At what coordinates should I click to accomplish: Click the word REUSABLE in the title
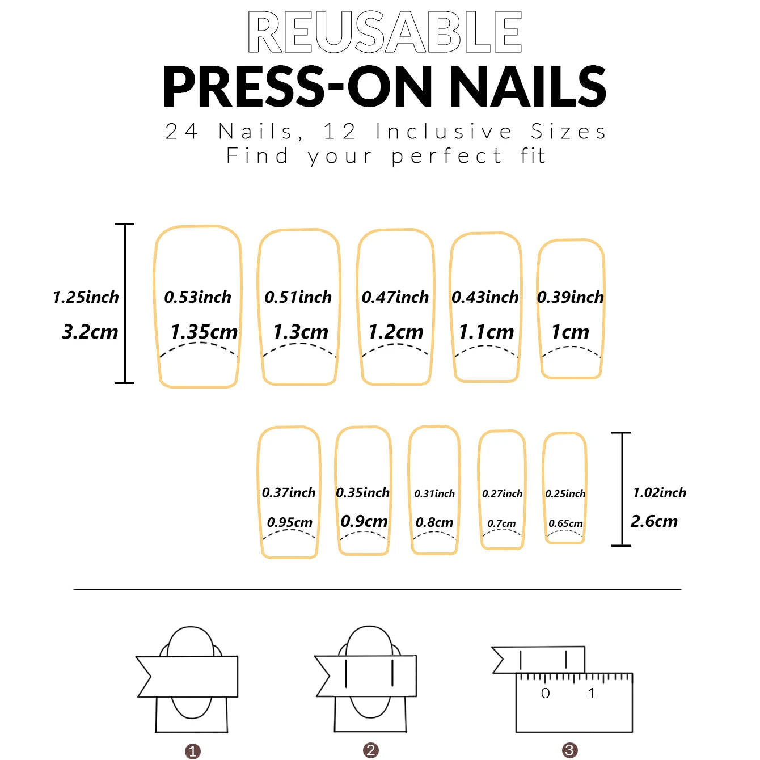385,32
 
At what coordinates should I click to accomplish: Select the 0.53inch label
198,297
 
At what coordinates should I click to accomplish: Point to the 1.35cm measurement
204,332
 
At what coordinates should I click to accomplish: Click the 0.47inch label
395,297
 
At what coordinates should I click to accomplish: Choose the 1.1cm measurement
486,332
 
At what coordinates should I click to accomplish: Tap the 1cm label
570,332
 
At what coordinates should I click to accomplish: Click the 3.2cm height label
90,332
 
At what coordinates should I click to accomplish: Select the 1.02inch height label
660,492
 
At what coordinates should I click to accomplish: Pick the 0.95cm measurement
290,522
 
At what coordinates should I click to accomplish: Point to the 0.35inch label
363,492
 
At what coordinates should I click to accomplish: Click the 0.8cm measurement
434,522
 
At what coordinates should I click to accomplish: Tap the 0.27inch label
503,494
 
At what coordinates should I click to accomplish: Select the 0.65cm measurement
565,523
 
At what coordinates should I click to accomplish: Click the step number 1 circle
193,751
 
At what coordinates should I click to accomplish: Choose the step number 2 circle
371,750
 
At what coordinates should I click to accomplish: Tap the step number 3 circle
570,750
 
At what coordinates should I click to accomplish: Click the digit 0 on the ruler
546,693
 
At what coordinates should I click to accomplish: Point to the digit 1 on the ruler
592,693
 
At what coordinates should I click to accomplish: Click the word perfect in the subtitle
446,157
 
